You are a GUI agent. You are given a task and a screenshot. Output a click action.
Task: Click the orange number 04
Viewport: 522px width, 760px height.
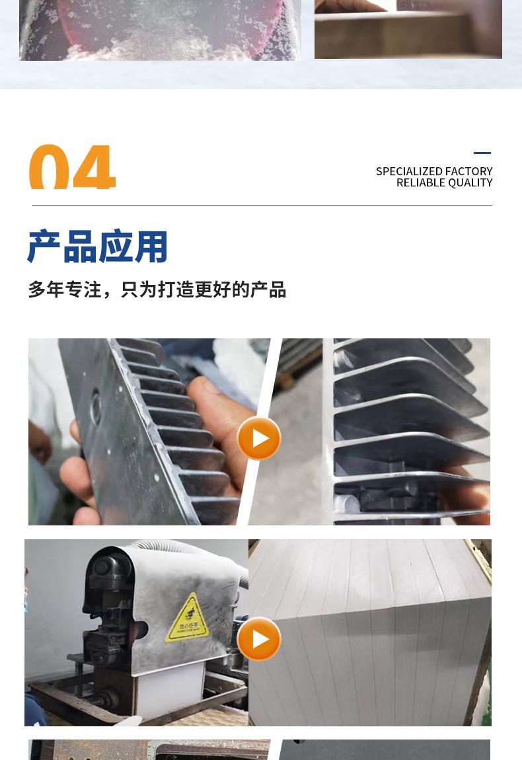click(72, 168)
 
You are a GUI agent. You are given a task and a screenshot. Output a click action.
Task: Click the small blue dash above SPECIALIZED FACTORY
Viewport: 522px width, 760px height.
click(482, 153)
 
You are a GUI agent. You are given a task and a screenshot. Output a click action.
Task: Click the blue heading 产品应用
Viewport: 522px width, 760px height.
click(97, 247)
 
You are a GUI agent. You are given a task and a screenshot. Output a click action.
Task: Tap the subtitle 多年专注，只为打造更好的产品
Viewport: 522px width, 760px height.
click(157, 289)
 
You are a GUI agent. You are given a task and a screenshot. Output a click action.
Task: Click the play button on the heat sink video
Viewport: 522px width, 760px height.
click(259, 438)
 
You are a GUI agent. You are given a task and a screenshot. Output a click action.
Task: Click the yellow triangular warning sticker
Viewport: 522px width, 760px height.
click(188, 619)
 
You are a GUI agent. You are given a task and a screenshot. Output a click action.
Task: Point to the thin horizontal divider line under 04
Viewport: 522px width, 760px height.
click(262, 206)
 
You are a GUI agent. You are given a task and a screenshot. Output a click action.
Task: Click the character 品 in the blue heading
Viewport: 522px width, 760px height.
click(79, 247)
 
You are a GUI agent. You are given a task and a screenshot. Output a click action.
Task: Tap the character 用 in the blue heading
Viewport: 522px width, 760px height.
click(151, 247)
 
